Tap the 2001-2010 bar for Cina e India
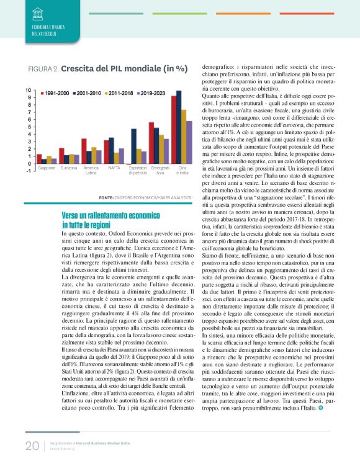[x=179, y=127]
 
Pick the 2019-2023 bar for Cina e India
[x=189, y=142]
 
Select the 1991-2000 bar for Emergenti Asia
[x=151, y=143]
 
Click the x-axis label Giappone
[x=46, y=168]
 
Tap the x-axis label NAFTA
[x=114, y=168]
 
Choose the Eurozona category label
[x=69, y=168]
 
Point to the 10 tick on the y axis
[x=28, y=91]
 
